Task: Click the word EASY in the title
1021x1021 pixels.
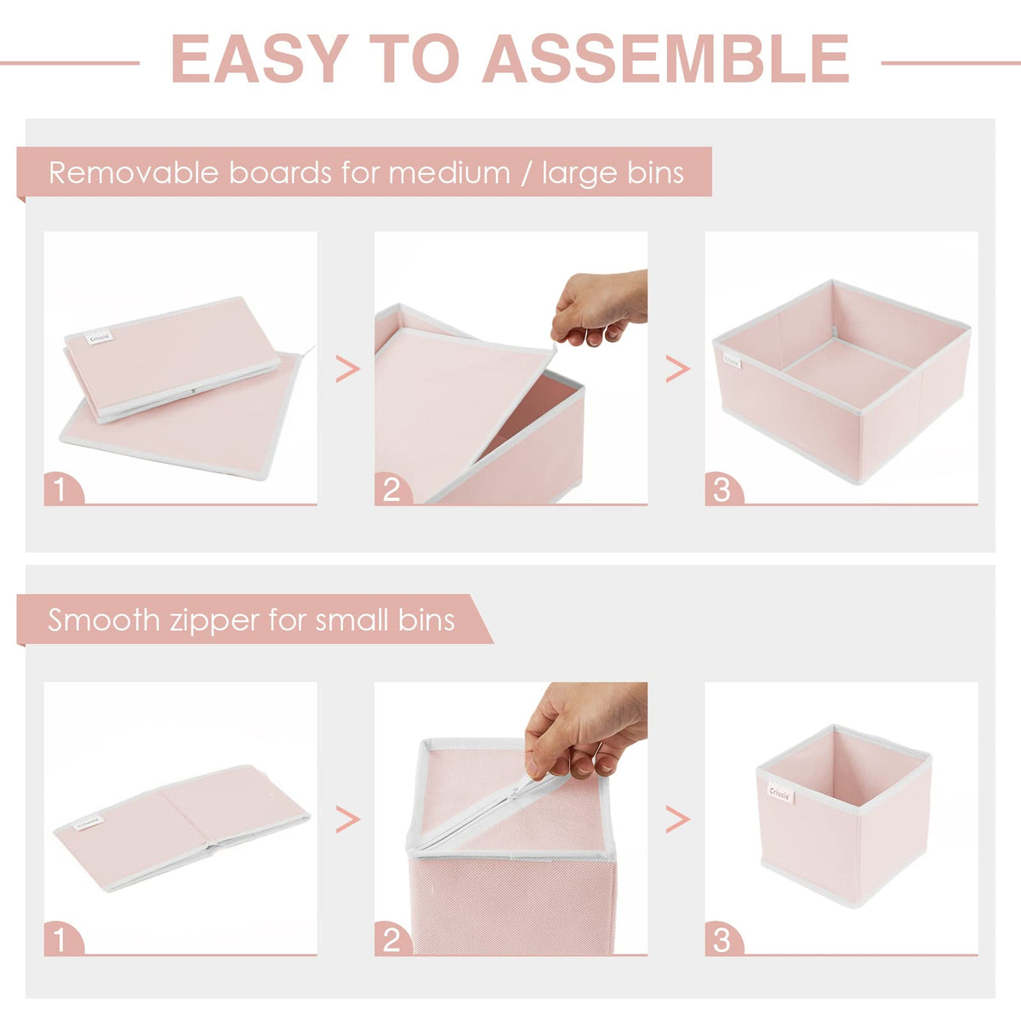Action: (260, 59)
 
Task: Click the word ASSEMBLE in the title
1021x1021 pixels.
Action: (666, 59)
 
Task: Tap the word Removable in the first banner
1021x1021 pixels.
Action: (134, 173)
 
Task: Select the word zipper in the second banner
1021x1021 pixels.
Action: (215, 621)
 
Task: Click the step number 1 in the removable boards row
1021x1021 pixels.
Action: (60, 489)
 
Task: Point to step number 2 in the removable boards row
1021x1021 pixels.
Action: (391, 489)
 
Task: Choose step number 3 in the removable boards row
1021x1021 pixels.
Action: (722, 489)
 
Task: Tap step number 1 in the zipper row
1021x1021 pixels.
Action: (60, 940)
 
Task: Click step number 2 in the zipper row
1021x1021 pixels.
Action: (391, 940)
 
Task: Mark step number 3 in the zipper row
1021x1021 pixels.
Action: (722, 940)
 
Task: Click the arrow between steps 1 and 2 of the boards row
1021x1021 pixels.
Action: (348, 368)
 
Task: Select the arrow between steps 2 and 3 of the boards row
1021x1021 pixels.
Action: (677, 368)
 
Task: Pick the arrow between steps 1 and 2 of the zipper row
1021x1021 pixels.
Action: (348, 819)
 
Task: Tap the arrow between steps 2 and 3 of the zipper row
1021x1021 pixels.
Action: (677, 819)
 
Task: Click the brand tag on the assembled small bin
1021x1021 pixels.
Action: (780, 794)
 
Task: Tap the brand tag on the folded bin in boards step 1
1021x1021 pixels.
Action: (100, 338)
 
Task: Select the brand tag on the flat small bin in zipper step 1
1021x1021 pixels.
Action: (89, 822)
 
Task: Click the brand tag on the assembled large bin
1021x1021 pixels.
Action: (732, 361)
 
